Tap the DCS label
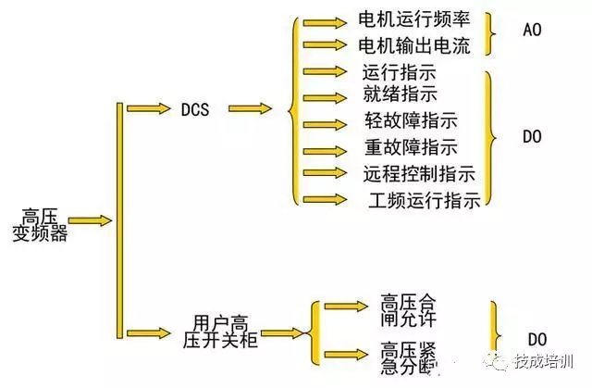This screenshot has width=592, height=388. [x=195, y=109]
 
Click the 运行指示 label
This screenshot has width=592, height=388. [x=400, y=72]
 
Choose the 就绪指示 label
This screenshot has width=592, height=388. [x=400, y=94]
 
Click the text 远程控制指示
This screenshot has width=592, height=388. [x=419, y=173]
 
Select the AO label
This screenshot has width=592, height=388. [x=532, y=31]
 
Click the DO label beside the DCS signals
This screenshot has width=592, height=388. [x=532, y=137]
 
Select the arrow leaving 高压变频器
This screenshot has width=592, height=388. [x=90, y=221]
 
